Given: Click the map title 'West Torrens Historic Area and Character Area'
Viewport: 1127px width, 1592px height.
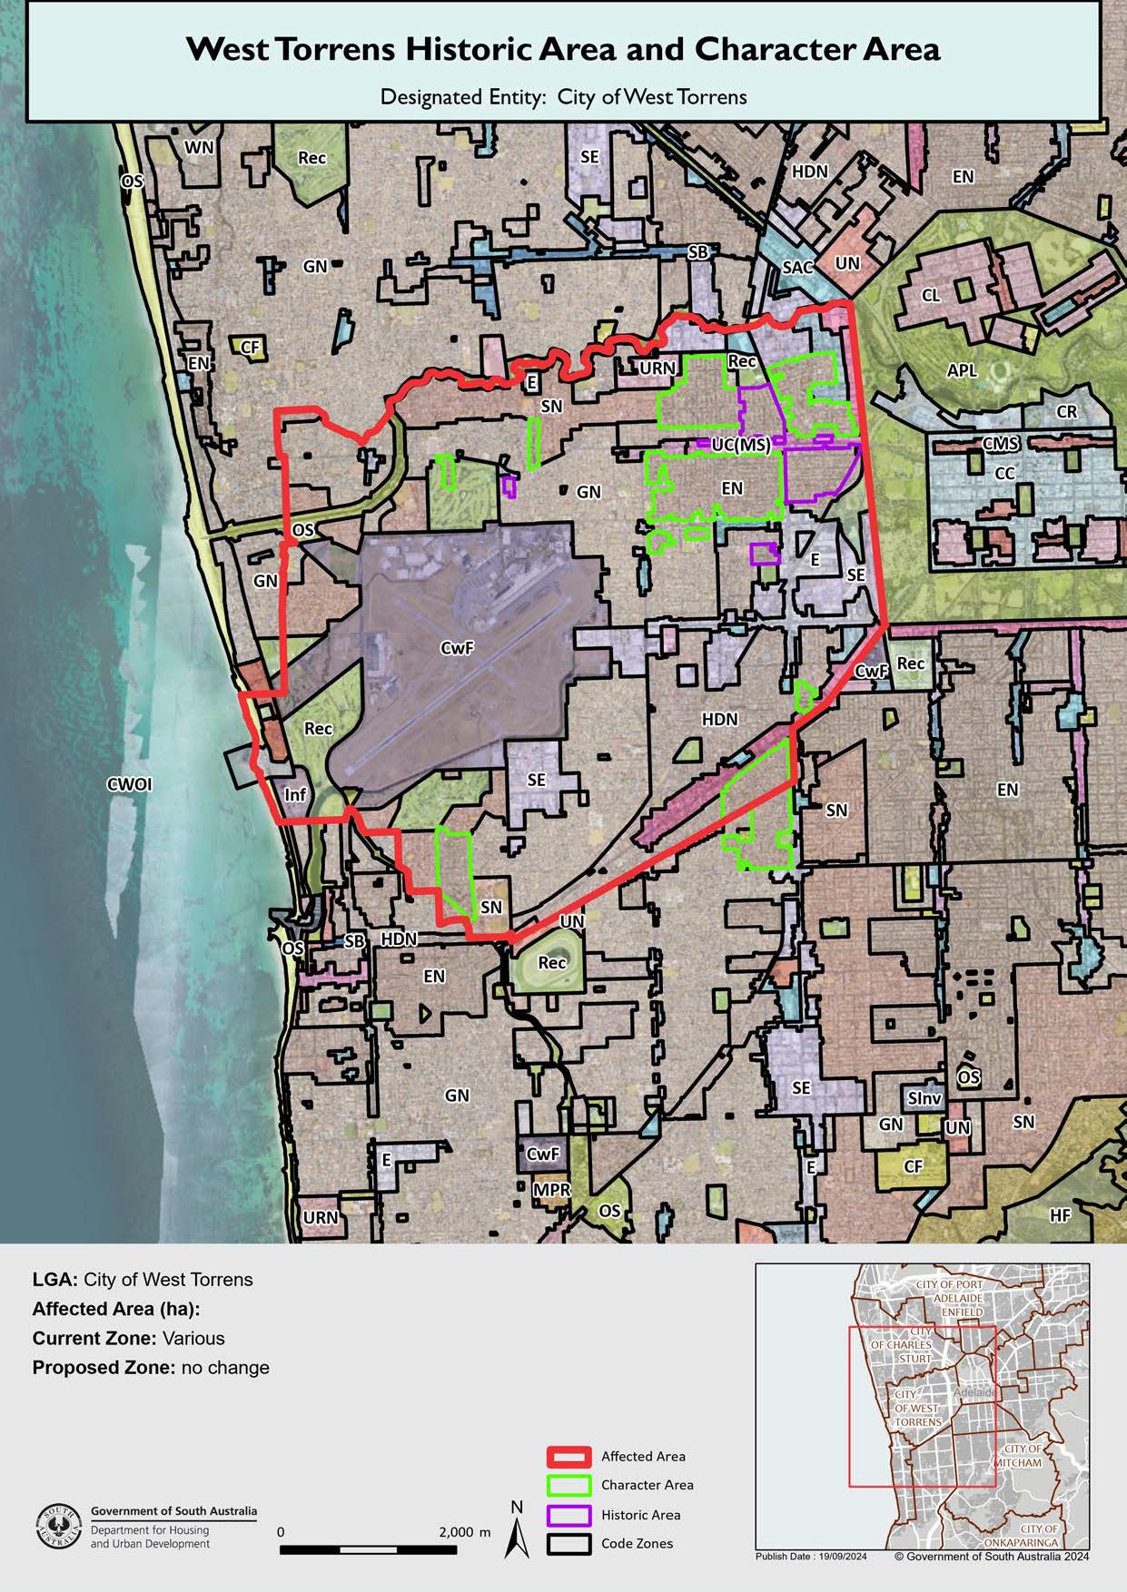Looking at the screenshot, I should [563, 49].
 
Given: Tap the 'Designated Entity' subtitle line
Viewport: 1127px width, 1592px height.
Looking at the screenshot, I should [563, 97].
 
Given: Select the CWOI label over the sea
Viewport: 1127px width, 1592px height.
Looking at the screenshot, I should [130, 784].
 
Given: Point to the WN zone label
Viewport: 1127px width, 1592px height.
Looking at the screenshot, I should [199, 148].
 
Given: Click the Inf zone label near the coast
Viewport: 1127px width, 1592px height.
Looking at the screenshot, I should [295, 795].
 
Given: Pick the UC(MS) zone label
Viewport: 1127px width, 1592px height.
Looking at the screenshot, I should [741, 445].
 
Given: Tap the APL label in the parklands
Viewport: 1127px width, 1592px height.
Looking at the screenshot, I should [962, 370].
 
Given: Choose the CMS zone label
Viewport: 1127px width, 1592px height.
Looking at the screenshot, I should [1001, 444].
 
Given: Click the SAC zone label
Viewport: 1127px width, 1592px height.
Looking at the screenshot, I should [797, 267].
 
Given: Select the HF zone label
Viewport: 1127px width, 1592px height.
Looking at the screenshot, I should [1060, 1214].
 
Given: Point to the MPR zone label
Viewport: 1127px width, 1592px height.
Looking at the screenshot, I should [551, 1190].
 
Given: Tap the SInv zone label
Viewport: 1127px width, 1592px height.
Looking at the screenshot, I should [924, 1098].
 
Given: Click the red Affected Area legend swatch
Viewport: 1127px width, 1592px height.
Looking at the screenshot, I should [569, 1456].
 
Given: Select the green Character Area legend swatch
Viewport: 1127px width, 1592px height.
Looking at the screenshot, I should [569, 1485].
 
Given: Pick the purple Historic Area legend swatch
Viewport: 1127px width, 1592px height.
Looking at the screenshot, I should [569, 1515].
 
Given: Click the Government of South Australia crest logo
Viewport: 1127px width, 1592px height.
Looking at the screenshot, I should [58, 1527].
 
